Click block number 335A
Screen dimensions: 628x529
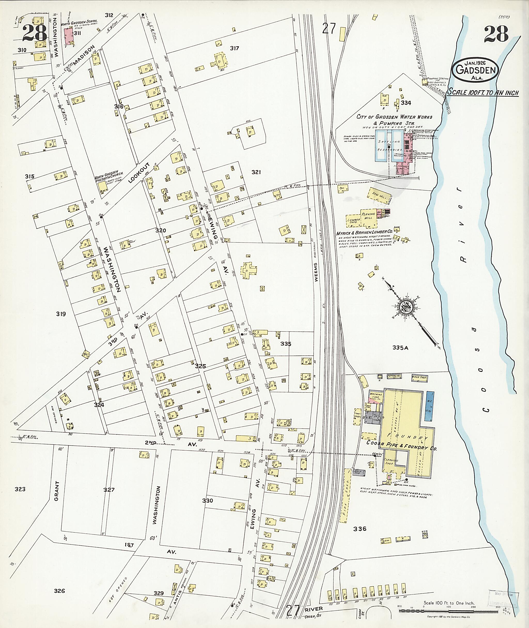pos(400,348)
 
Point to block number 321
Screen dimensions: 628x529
pos(256,172)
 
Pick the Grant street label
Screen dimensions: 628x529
pos(57,491)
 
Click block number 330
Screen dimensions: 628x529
pos(207,501)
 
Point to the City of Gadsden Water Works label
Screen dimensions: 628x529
pos(394,117)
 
